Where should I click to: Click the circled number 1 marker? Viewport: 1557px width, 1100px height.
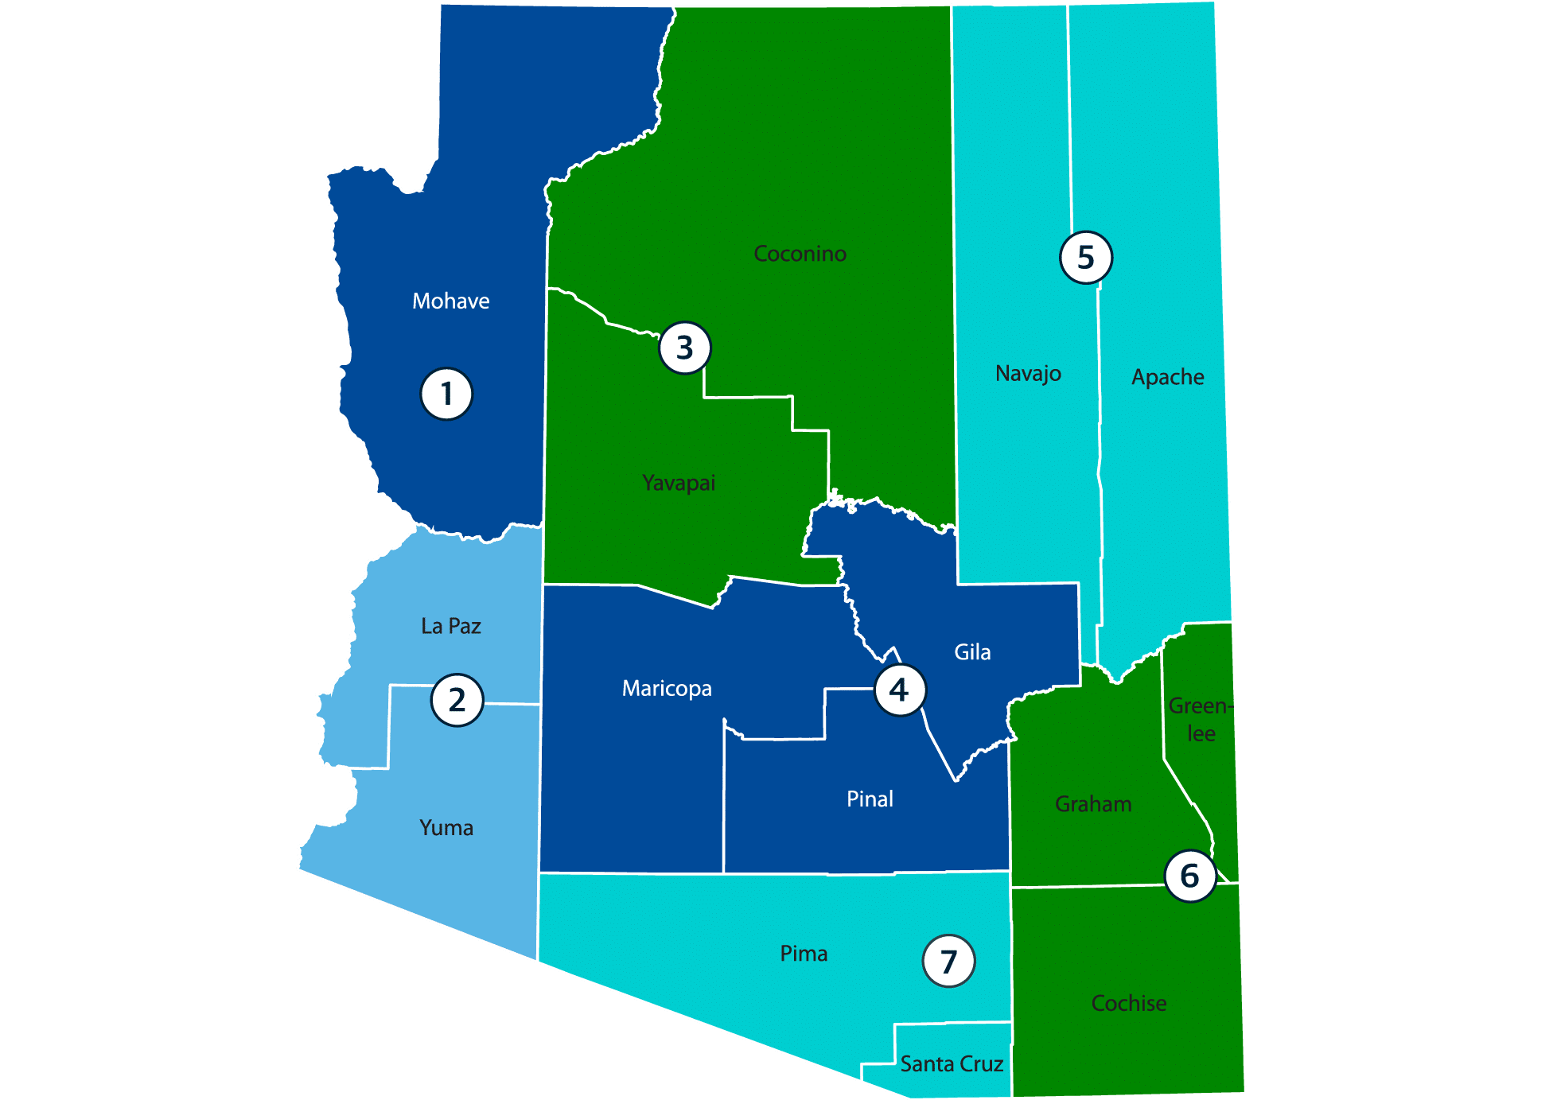pyautogui.click(x=446, y=394)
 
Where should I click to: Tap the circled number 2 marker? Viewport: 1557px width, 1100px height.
pyautogui.click(x=457, y=701)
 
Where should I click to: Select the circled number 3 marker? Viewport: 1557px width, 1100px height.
pyautogui.click(x=684, y=348)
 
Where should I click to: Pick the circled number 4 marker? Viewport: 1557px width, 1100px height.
pyautogui.click(x=900, y=690)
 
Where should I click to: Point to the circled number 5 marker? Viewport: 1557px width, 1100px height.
pyautogui.click(x=1086, y=258)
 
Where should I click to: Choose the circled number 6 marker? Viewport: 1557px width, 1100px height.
pyautogui.click(x=1190, y=876)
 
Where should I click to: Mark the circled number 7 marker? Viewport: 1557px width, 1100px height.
pyautogui.click(x=948, y=962)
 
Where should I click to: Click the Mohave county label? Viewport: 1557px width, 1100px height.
pyautogui.click(x=450, y=301)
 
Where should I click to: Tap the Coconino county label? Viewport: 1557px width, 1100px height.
pyautogui.click(x=800, y=254)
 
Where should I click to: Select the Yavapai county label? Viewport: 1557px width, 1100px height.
pyautogui.click(x=679, y=483)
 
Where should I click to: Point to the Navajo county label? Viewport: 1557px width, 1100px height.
pyautogui.click(x=1028, y=373)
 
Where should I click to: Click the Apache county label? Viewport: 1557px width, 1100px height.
pyautogui.click(x=1167, y=376)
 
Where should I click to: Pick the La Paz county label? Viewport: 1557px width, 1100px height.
pyautogui.click(x=451, y=626)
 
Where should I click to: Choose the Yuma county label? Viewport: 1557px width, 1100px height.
pyautogui.click(x=446, y=828)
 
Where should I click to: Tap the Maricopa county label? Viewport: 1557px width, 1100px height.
pyautogui.click(x=667, y=688)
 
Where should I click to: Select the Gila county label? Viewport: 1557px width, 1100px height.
pyautogui.click(x=972, y=652)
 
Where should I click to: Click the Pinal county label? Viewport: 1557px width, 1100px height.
pyautogui.click(x=870, y=799)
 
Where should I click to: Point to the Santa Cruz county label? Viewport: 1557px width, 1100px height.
pyautogui.click(x=952, y=1063)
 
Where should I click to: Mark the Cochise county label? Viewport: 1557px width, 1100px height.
pyautogui.click(x=1129, y=1003)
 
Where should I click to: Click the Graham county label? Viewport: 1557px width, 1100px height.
pyautogui.click(x=1093, y=804)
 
